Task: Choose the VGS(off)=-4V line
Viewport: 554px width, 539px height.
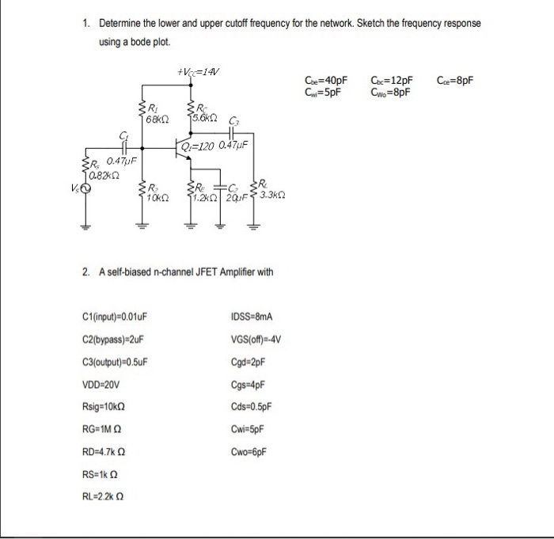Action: coord(256,340)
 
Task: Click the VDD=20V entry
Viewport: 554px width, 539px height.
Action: coord(101,385)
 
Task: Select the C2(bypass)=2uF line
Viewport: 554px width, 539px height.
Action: coord(113,340)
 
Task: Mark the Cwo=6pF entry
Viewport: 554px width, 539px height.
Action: coord(249,452)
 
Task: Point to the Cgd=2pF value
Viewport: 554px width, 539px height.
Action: coord(248,362)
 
